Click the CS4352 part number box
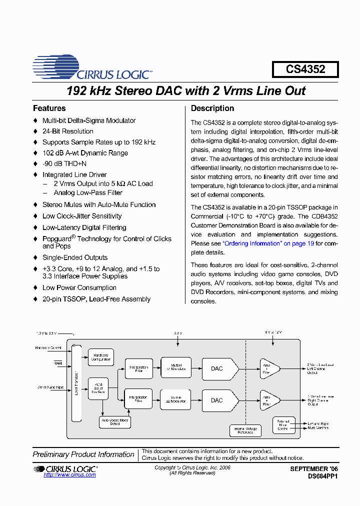pos(305,69)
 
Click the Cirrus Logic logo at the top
pos(92,68)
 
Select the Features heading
pos(49,108)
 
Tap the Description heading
pos(212,108)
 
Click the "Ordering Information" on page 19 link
pos(268,243)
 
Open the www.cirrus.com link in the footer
pos(69,475)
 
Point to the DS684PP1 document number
pos(323,477)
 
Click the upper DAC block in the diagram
pos(216,368)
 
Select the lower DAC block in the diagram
pos(216,400)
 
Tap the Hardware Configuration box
pos(101,357)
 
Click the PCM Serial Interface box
pos(98,388)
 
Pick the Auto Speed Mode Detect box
pos(115,422)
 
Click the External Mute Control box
pos(283,425)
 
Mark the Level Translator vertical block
pos(76,382)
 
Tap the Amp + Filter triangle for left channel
pos(267,368)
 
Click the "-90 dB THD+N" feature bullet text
pos(64,164)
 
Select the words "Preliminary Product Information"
pos(83,454)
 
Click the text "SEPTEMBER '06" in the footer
pos(314,469)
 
